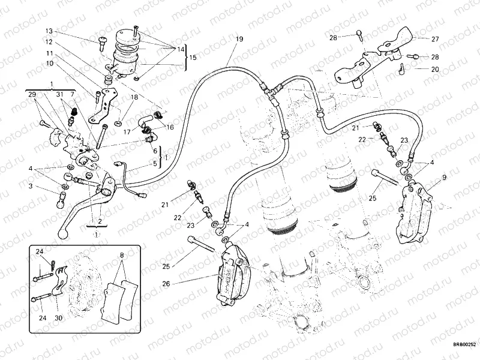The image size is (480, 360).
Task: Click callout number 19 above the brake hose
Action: (239, 39)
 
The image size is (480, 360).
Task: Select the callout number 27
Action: (435, 39)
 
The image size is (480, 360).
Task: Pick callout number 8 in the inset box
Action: (122, 255)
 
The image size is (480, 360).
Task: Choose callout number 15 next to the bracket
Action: (193, 58)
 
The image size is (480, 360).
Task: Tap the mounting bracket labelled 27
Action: (372, 57)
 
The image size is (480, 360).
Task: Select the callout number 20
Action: (435, 70)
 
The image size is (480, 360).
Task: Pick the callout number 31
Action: (59, 95)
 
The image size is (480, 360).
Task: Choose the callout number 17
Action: (127, 132)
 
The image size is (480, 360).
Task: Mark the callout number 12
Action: (49, 42)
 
